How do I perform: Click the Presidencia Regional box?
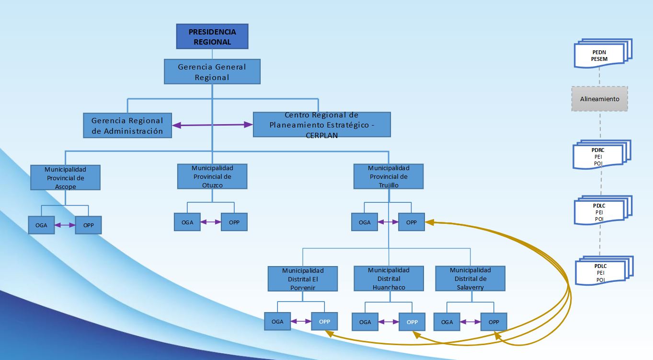tap(212, 36)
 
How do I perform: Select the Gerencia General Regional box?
tap(212, 71)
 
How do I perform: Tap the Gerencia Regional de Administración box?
tap(127, 126)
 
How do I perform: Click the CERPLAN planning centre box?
tap(321, 125)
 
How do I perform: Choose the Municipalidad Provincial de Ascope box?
tap(65, 178)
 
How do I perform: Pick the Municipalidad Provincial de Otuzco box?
tap(212, 176)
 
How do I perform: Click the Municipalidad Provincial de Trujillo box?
tap(389, 176)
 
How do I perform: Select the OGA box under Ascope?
tap(41, 225)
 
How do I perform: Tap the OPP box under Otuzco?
tap(234, 222)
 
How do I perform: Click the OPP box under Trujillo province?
tap(412, 222)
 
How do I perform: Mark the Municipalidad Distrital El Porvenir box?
tap(303, 279)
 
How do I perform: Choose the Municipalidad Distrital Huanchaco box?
tap(389, 279)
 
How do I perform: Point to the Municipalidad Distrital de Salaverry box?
tap(470, 279)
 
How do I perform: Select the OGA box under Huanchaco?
tap(365, 322)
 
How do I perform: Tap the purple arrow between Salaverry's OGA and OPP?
tap(470, 322)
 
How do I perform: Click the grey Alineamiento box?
tap(600, 99)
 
